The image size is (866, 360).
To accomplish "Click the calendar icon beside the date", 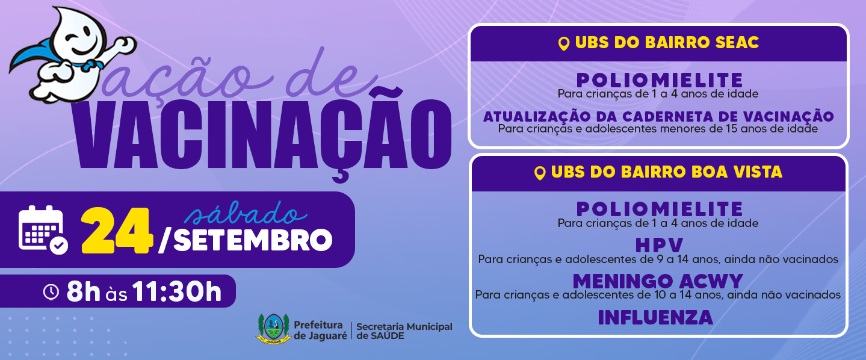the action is point(43,230).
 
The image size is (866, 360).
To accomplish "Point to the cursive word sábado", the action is point(246,213).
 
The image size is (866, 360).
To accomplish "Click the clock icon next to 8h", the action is point(51,291).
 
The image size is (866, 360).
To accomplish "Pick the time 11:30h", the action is point(177,291).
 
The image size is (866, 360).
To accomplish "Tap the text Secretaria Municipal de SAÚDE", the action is point(404,331).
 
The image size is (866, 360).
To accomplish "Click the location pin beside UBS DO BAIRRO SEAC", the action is point(564,44).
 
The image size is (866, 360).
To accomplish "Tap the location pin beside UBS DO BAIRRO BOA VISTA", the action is point(540,173).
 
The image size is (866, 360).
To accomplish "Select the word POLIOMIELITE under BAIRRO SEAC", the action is point(660,81).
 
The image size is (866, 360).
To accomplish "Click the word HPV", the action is point(659,245).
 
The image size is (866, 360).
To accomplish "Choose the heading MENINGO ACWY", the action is point(658,281).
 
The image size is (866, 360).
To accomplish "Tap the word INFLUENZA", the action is point(655,317).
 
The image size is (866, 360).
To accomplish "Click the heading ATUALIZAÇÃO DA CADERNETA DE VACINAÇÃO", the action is point(658,116).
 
